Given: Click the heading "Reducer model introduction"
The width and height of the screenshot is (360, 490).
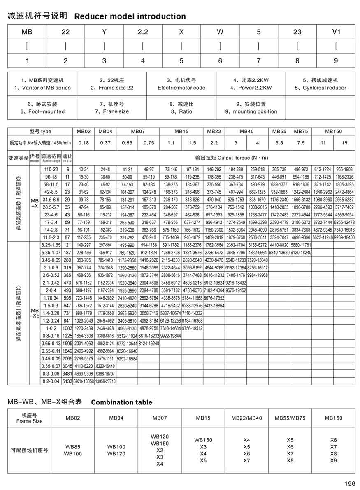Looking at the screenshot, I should [130, 16].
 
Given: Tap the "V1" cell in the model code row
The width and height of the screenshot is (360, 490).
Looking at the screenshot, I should [336, 32].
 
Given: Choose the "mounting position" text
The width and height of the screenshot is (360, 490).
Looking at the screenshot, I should [251, 111].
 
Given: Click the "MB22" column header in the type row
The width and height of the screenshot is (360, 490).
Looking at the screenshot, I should [214, 131].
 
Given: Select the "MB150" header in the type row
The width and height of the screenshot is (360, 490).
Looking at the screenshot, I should [333, 131].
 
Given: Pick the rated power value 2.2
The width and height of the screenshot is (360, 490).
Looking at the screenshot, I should [214, 142].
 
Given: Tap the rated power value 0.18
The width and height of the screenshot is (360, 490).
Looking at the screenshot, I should [84, 142].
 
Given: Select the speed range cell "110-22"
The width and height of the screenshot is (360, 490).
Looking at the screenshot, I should [51, 169].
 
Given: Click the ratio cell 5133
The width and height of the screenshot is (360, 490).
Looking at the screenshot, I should [67, 382].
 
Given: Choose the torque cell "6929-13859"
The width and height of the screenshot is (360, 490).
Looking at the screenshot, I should [84, 382].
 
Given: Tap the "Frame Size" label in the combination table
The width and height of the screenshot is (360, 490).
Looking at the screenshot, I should [29, 421].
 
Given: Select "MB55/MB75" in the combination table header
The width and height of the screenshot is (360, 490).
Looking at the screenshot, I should [290, 418].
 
